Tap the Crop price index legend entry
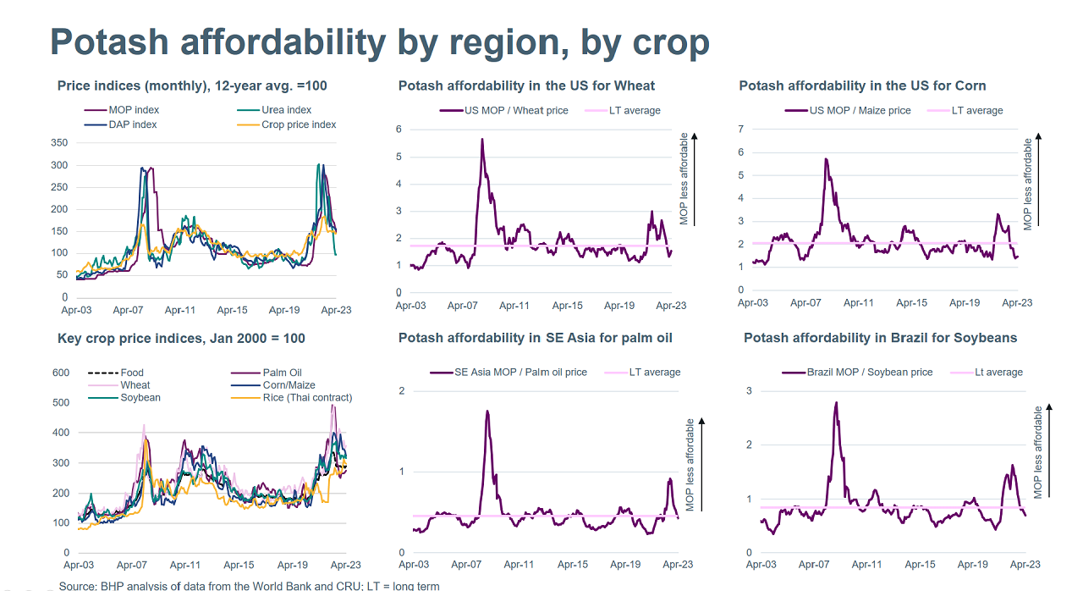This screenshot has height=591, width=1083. (299, 124)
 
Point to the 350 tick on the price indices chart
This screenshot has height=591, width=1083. (58, 142)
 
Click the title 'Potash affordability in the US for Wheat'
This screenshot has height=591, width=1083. (526, 86)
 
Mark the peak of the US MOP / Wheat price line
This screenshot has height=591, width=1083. (482, 139)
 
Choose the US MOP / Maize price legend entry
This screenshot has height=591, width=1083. (860, 110)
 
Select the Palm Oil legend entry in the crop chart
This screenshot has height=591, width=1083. (283, 373)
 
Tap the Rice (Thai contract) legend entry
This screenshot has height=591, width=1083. (307, 397)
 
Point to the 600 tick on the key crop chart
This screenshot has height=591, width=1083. (60, 373)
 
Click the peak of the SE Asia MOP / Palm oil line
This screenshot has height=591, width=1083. (487, 411)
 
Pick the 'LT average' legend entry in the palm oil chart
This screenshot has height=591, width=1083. (654, 372)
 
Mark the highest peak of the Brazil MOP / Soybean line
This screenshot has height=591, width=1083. (836, 403)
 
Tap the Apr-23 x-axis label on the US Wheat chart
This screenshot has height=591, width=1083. (671, 306)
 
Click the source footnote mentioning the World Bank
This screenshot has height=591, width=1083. (249, 586)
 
